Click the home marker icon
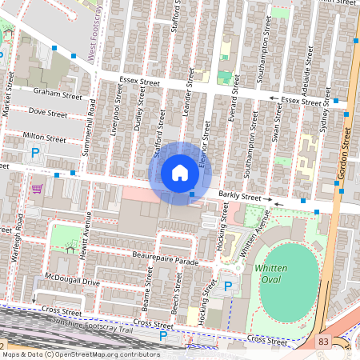pos(180,172)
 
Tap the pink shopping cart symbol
pos(36,189)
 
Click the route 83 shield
pos(322,342)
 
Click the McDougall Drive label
pos(71,281)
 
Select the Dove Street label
pos(47,114)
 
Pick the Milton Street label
pos(45,138)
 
